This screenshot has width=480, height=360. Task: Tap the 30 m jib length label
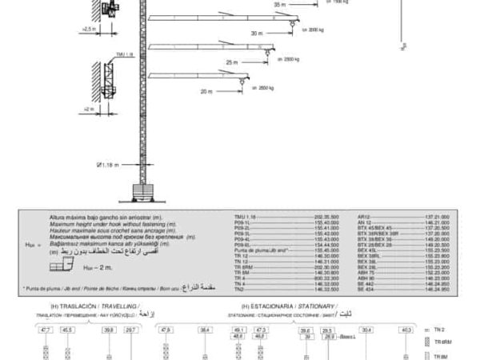click(255, 33)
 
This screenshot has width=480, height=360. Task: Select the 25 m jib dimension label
click(232, 62)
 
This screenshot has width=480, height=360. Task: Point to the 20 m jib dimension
click(206, 91)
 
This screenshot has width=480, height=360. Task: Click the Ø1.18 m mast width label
click(107, 165)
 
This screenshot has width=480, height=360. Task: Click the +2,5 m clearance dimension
click(89, 28)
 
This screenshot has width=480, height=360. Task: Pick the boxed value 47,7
click(46, 330)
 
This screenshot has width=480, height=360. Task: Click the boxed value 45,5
click(66, 330)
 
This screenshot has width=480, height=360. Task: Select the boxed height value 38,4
click(205, 330)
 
